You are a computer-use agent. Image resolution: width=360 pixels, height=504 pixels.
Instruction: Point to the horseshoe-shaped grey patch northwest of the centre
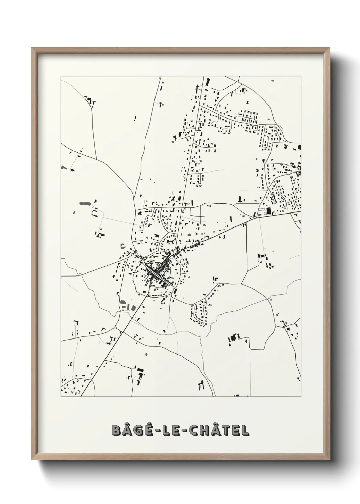[124, 246]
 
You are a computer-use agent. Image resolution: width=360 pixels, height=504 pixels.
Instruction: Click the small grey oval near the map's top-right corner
[272, 80]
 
